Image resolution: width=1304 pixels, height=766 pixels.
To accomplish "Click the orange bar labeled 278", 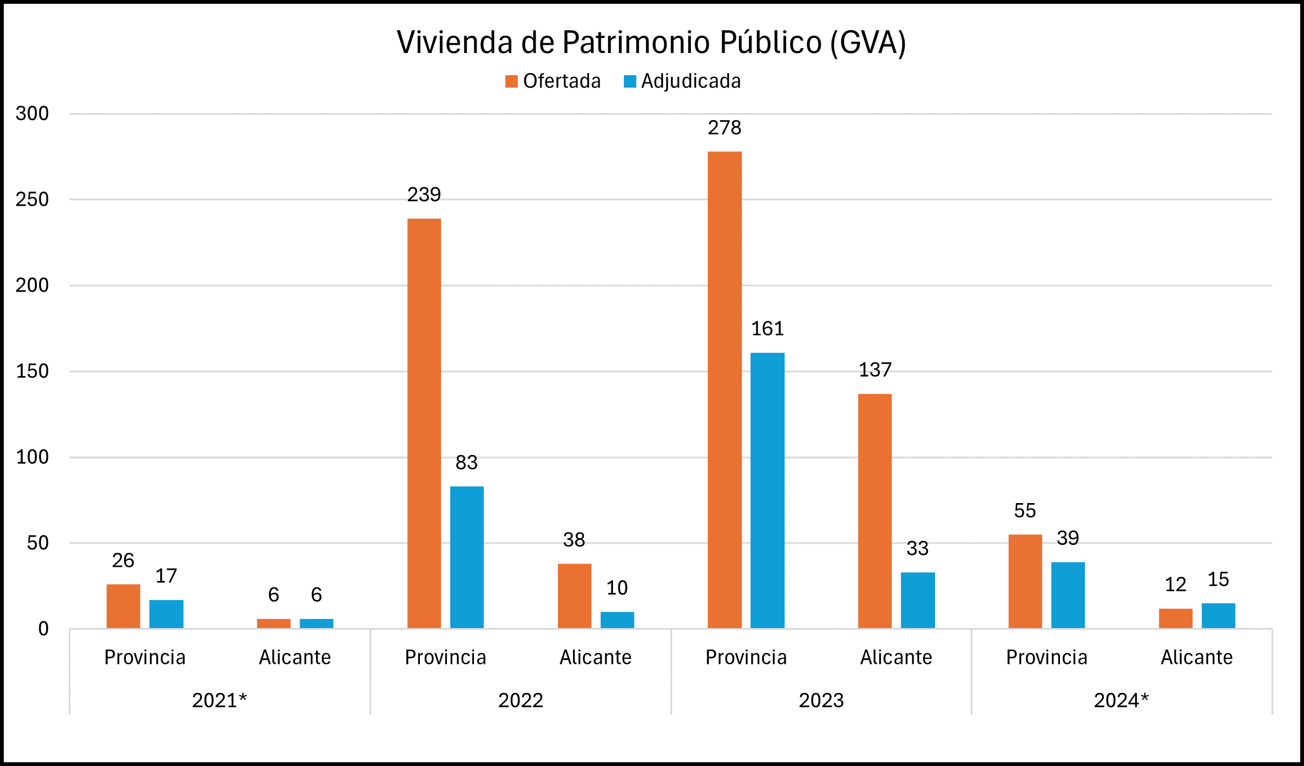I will [x=725, y=389].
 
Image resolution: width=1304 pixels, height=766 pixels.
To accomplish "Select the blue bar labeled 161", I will [x=767, y=490].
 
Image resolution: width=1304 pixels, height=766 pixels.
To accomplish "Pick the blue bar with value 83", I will [x=467, y=557].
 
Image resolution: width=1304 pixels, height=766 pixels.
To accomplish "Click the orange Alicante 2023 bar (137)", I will [x=875, y=511].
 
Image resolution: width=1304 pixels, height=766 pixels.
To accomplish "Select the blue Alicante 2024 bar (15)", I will [x=1218, y=616].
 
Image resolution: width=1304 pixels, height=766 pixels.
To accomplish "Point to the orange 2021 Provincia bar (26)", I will [x=123, y=606].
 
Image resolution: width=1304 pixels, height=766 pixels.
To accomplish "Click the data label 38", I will [x=574, y=540].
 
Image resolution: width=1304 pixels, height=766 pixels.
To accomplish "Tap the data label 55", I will [x=1025, y=511].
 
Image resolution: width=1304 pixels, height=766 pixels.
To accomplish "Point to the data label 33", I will [x=918, y=549].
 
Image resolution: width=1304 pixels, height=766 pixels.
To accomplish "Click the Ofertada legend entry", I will [x=553, y=81].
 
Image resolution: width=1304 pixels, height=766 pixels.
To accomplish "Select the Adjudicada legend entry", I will [x=683, y=81].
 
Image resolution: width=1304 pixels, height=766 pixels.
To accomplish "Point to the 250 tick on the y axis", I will [x=32, y=200].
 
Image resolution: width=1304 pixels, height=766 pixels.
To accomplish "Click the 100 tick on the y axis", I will [x=32, y=457].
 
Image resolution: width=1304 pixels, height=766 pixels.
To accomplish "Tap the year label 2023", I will [x=821, y=701].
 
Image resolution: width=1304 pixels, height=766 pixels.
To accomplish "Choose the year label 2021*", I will [x=220, y=701].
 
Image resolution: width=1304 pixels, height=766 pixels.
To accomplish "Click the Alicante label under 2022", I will [x=596, y=657].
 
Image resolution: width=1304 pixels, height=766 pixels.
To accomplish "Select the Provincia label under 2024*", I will [x=1046, y=657].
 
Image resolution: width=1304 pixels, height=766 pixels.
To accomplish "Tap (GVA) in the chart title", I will [x=868, y=42].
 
